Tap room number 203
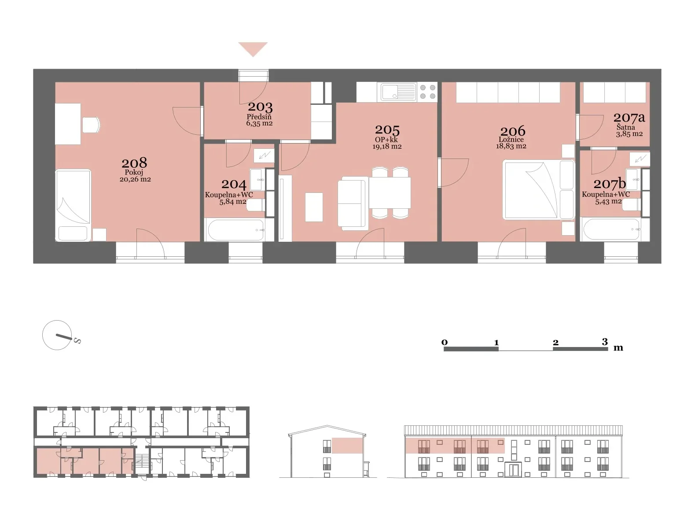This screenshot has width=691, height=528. click(x=260, y=107)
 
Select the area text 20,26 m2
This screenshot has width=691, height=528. click(x=135, y=180)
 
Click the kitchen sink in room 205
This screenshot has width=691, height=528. click(x=398, y=92)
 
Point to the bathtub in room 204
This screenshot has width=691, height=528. click(x=236, y=230)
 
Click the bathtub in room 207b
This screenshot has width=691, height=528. click(x=612, y=229)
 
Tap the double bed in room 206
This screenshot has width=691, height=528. click(x=538, y=189)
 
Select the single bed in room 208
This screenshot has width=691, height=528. click(x=73, y=205)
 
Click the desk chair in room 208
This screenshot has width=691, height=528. click(x=91, y=125)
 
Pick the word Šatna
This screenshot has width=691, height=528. click(x=625, y=127)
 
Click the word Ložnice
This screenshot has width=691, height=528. click(x=511, y=140)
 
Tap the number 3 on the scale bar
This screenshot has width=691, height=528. click(x=604, y=341)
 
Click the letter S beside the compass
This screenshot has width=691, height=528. click(x=77, y=341)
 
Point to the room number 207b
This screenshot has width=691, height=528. click(x=610, y=184)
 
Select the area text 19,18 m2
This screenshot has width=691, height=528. click(x=387, y=146)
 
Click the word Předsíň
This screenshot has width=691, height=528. click(x=259, y=117)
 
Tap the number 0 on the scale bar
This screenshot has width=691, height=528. click(x=444, y=342)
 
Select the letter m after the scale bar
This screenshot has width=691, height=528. click(x=618, y=348)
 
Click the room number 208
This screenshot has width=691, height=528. click(x=134, y=163)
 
